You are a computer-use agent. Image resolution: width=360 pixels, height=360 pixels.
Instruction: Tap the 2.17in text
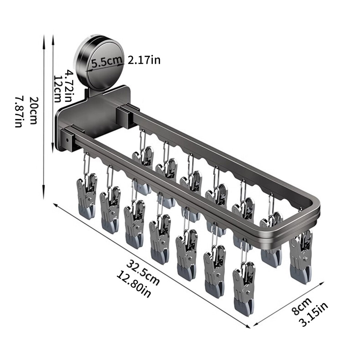[x=144, y=60]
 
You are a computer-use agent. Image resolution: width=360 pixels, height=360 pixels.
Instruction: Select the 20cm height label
[x=33, y=111]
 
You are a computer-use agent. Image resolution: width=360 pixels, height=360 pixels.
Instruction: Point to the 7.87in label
[x=19, y=111]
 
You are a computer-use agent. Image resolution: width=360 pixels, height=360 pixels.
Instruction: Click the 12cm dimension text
[x=57, y=88]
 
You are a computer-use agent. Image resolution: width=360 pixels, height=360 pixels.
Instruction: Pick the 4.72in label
[x=69, y=87]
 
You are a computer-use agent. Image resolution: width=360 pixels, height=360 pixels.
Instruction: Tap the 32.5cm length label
[x=143, y=272]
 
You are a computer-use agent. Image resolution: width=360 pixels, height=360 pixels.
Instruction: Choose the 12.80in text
[x=134, y=284]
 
